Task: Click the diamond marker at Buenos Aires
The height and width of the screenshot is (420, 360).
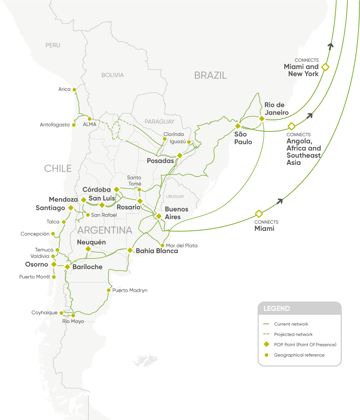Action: [x=159, y=216]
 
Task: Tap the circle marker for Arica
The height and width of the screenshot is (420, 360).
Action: [x=74, y=90]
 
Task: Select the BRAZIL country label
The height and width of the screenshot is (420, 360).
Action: [x=210, y=76]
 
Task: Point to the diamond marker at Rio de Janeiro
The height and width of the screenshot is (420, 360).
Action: [x=262, y=119]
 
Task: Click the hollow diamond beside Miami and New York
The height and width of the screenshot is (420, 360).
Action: [x=325, y=67]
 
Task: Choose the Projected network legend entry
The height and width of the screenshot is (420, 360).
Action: [x=293, y=334]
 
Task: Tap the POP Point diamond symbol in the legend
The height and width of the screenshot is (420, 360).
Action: [x=267, y=344]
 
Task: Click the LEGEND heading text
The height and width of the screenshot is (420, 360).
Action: [x=277, y=309]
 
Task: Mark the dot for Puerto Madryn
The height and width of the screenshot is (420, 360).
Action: [x=109, y=290]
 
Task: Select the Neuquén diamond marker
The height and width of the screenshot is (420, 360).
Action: [x=88, y=249]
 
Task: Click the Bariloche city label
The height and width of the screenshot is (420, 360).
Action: [x=87, y=267]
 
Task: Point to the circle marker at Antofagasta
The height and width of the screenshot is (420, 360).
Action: [x=74, y=125]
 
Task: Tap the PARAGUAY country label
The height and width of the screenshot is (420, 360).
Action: [x=159, y=122]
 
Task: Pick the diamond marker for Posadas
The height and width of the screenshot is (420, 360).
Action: [x=180, y=155]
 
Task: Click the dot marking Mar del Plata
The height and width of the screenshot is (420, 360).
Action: [x=162, y=245]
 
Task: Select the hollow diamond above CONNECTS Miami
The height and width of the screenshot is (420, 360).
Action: [x=259, y=214]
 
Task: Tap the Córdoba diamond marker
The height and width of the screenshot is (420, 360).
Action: [x=117, y=190]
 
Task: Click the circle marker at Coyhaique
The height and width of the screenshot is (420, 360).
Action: [x=61, y=313]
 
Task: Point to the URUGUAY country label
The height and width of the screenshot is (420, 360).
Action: [x=175, y=196]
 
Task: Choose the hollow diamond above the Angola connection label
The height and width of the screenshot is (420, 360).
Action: [x=291, y=126]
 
